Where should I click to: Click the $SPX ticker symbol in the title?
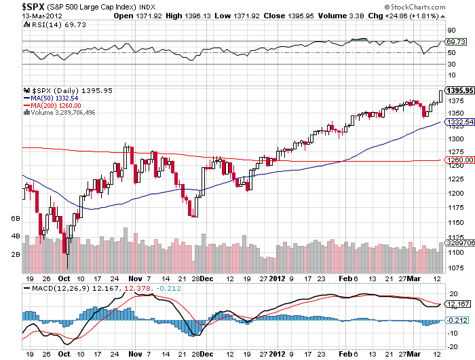pos(19,5)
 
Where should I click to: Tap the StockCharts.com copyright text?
pos(440,6)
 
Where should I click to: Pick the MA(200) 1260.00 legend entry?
pos(56,105)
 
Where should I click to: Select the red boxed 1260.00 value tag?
pos(459,160)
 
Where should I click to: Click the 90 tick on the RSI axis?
pos(450,30)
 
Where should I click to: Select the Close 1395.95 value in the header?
pos(283,16)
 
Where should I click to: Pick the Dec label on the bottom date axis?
pos(208,278)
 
